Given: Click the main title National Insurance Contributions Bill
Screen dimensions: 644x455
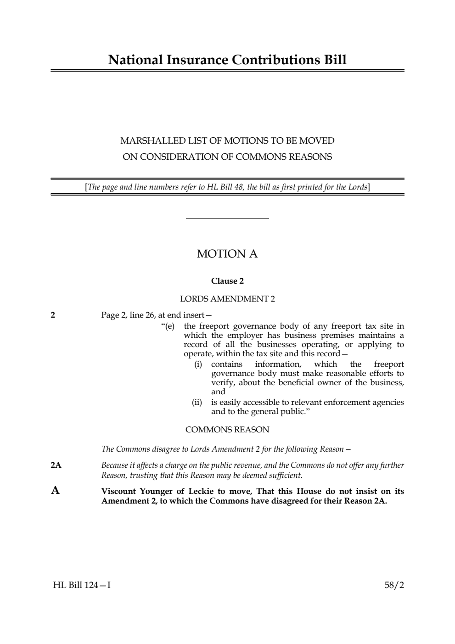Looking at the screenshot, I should point(227,60).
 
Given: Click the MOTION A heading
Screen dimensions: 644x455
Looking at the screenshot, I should point(227,254).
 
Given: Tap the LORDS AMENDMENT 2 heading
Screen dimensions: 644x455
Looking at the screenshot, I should point(227,299).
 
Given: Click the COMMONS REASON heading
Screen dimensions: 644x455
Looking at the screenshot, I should point(227,430).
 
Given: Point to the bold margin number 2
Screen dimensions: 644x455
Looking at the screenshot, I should point(53,315).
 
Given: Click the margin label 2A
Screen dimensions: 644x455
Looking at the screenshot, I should point(56,465).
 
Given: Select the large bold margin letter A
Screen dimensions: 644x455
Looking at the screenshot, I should point(55,491).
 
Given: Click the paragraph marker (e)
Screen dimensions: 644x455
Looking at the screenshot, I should point(169,326).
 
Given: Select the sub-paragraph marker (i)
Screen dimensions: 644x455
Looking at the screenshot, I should point(198,364).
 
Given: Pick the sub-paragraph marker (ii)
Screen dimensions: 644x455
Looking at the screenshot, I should point(197,403).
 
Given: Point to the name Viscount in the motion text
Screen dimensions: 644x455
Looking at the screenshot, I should point(118,491).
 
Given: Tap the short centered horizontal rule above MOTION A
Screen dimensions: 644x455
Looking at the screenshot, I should point(227,219).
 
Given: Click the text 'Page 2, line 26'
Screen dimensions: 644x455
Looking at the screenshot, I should point(128,315).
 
